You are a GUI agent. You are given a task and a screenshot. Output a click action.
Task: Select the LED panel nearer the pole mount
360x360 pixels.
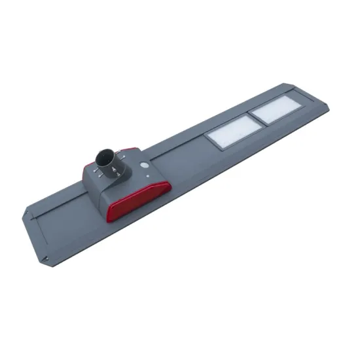(x=228, y=132)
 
